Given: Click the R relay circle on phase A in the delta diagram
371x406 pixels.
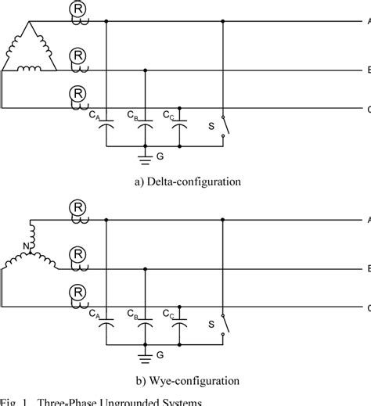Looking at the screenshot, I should pos(78,9).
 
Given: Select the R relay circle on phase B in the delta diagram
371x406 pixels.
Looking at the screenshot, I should pos(78,56).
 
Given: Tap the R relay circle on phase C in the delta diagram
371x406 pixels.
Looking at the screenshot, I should pos(78,92).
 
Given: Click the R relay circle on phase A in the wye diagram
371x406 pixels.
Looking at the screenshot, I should pos(78,208).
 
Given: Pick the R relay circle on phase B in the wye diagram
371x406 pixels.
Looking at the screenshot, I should pos(78,255).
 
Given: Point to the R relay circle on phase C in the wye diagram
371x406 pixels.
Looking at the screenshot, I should pos(78,292).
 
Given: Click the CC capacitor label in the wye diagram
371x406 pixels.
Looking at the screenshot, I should pos(168,317).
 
